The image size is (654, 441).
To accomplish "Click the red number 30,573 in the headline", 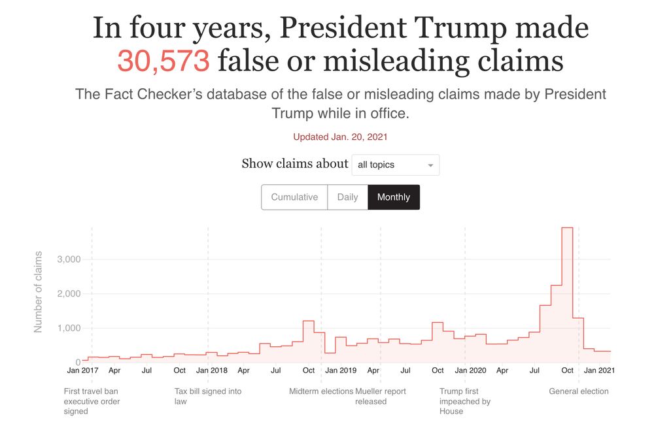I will (163, 61).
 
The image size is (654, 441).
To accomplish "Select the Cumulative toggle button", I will (294, 197).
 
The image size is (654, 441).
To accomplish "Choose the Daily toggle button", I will (347, 197).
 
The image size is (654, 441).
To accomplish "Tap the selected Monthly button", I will (394, 197).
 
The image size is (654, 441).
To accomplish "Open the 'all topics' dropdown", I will (395, 165).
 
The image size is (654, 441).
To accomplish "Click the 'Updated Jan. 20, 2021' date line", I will (340, 137).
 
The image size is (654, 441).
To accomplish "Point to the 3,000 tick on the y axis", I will (69, 259).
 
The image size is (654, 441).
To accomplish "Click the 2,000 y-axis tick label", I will (69, 294).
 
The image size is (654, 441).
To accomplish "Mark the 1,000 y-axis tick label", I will (69, 328).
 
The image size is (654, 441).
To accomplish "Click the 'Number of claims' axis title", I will (39, 291).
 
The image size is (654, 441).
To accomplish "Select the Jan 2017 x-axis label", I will (83, 370).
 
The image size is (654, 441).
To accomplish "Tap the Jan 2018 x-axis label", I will (211, 370).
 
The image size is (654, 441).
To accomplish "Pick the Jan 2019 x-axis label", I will (341, 370).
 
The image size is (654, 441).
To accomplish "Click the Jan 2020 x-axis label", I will (470, 370).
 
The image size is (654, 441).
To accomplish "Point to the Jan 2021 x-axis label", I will (599, 370).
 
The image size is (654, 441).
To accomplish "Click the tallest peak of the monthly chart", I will (567, 228).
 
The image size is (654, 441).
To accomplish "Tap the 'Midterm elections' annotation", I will (321, 391).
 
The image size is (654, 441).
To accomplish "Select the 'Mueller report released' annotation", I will (381, 396).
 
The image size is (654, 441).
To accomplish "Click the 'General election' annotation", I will (578, 391).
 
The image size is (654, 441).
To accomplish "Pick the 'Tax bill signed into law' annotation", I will (207, 396).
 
